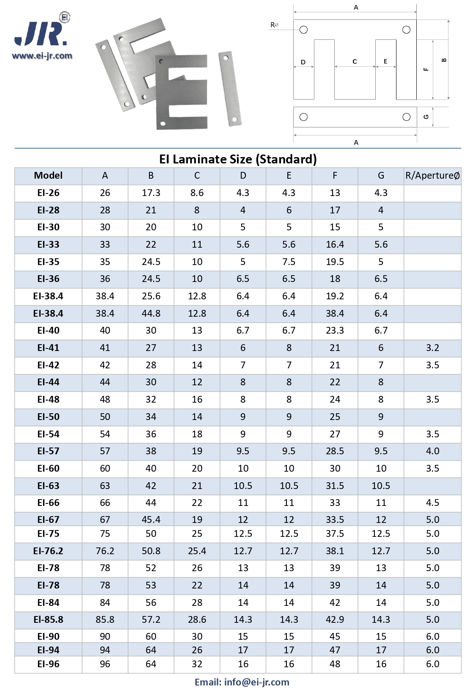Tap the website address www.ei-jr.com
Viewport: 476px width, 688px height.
pos(42,56)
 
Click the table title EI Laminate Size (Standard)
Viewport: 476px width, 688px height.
pos(238,159)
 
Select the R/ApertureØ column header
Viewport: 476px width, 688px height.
pos(432,176)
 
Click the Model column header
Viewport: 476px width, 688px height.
pos(48,176)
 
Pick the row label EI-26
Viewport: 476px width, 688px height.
pos(48,193)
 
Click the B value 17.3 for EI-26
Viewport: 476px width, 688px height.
pos(151,193)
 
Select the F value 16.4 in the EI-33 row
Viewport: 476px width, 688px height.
pos(335,245)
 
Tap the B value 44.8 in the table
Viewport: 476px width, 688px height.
pos(151,314)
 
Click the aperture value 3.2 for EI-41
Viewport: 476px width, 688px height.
pos(432,348)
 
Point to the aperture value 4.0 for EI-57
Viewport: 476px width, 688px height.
pos(432,451)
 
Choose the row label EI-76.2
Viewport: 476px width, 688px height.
pos(48,551)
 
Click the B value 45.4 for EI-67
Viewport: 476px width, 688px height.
pos(151,519)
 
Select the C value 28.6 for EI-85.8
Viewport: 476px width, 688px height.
pos(197,620)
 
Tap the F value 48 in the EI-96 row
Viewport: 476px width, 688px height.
pos(335,664)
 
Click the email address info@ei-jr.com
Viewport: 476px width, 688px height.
pos(242,682)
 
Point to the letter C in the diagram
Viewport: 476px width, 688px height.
pos(355,62)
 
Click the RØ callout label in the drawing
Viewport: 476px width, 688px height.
pos(274,25)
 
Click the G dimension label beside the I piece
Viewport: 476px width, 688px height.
pos(426,117)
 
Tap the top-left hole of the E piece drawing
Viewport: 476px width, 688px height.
pos(303,30)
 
